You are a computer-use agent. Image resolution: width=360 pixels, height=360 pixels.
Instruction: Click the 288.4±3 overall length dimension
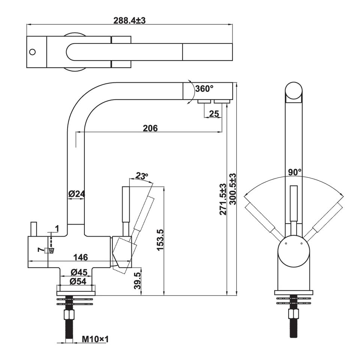[129, 20]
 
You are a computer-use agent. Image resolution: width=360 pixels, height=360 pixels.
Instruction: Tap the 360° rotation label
[204, 88]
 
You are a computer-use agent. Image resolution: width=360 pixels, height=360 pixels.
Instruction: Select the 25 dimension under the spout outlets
[214, 113]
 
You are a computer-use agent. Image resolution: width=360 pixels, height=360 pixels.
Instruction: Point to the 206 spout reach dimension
[150, 128]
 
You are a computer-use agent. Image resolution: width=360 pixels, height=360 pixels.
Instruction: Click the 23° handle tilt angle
[142, 176]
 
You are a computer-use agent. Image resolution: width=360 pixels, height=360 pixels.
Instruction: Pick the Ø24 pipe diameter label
[76, 194]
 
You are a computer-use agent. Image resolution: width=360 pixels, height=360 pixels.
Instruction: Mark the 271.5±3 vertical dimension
[223, 199]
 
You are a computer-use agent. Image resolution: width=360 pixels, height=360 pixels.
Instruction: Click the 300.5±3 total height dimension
[232, 189]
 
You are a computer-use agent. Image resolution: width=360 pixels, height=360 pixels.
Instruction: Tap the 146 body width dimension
[80, 257]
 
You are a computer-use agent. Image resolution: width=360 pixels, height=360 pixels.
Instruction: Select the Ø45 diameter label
[79, 272]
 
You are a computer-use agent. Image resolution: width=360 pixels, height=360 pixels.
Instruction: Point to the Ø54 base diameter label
[78, 281]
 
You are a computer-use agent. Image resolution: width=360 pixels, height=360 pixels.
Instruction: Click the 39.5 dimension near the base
[137, 280]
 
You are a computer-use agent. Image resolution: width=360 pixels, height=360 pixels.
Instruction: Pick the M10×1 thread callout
[95, 339]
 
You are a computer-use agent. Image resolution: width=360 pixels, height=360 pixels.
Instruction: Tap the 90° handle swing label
[295, 172]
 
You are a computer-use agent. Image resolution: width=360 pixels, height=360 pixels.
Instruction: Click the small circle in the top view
[33, 52]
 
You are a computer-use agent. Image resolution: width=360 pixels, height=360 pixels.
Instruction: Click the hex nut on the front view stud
[293, 313]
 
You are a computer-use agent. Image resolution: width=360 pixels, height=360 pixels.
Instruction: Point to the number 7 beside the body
[40, 250]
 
